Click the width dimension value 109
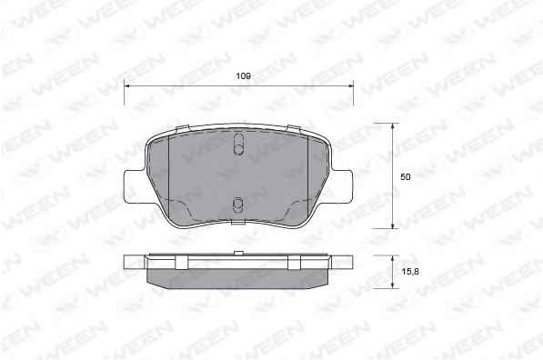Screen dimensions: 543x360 243,75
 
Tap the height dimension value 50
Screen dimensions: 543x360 405,177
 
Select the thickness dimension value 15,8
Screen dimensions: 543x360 410,272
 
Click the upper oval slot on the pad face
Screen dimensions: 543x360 238,144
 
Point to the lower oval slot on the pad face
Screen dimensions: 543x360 237,205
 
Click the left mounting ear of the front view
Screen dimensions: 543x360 135,186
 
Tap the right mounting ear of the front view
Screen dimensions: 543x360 342,186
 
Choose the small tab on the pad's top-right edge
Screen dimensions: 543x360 295,128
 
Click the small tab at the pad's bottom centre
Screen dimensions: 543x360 238,222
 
